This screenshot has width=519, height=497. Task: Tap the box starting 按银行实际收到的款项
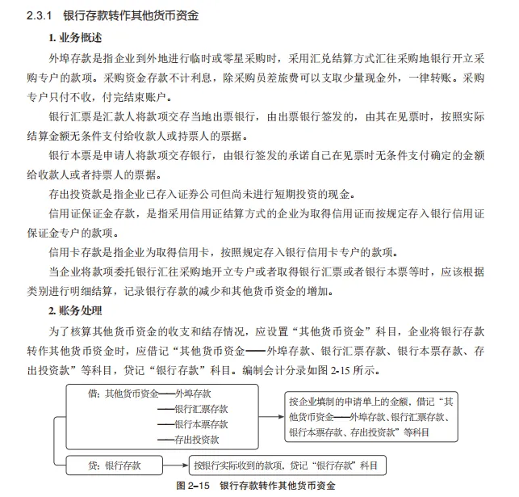pyautogui.click(x=286, y=465)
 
